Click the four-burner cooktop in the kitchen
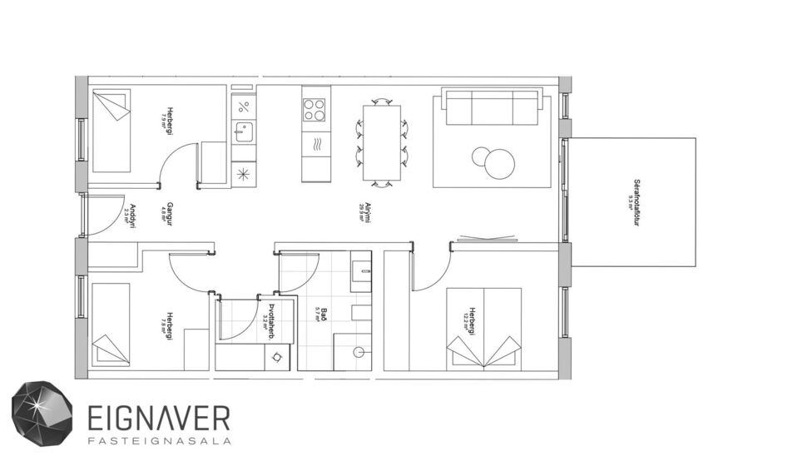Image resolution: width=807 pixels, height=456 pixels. pos(314,109)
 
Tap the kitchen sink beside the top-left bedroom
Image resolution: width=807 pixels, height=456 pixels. pos(243,131)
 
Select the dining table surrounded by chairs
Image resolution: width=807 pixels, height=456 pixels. pos(382,142)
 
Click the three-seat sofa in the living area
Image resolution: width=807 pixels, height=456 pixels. pos(489,107)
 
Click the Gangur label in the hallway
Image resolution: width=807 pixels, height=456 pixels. pos(169,214)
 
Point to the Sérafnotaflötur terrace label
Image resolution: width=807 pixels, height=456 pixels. pos(636,202)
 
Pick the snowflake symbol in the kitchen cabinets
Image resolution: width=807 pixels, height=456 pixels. pos(243,173)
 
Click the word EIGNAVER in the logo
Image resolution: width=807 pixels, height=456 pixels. pos(158,416)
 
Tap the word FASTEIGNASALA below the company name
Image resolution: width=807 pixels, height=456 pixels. pos(158,439)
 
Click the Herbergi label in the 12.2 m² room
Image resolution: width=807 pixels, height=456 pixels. pos(472,320)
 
